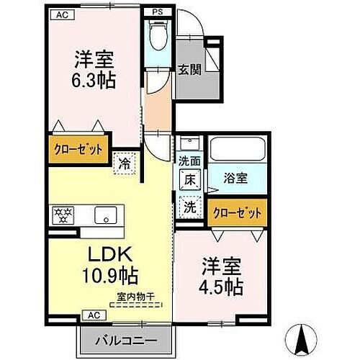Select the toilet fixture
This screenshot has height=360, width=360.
pyautogui.click(x=156, y=35)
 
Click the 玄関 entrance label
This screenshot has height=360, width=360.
pyautogui.click(x=189, y=70)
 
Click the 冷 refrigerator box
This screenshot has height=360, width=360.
pyautogui.click(x=125, y=163)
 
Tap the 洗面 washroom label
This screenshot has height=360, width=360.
pyautogui.click(x=189, y=163)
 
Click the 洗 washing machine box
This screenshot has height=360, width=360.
pyautogui.click(x=189, y=205)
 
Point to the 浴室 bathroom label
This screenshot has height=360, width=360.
pyautogui.click(x=235, y=178)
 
